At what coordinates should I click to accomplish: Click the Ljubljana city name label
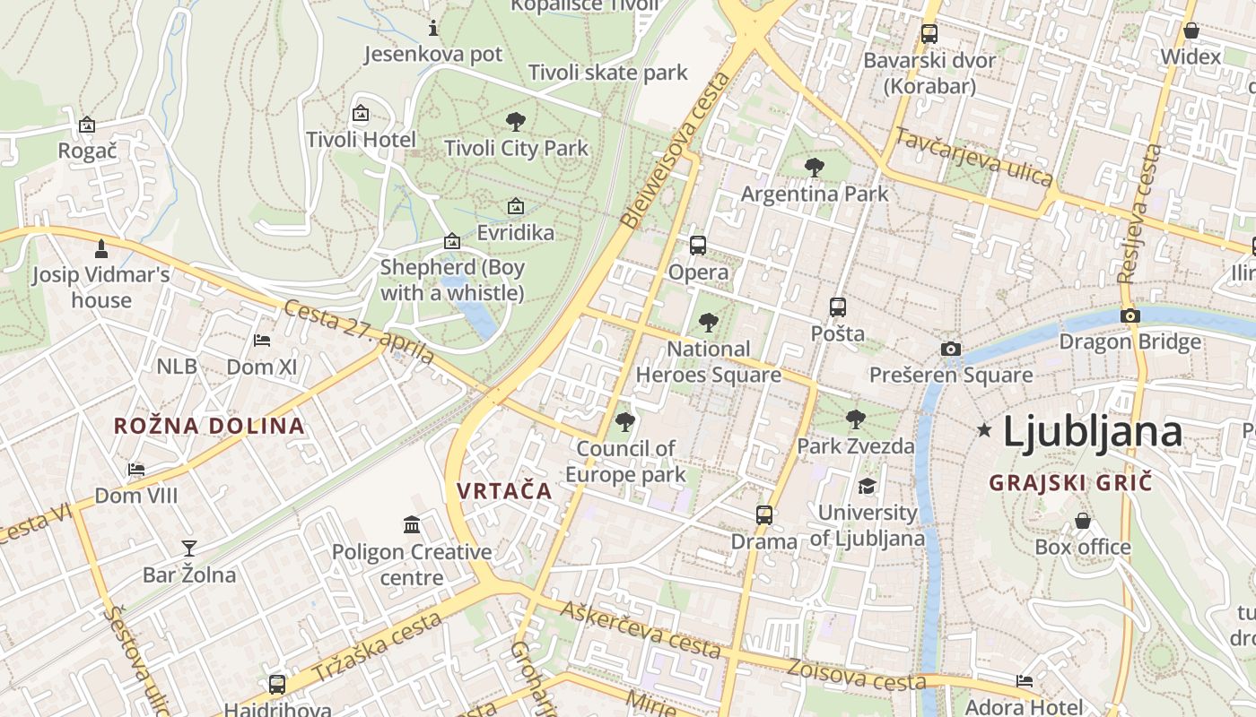pos(1092,432)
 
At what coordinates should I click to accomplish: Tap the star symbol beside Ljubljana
pos(984,431)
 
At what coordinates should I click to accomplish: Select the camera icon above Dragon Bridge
pos(1130,315)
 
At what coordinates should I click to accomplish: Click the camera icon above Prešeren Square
pos(950,349)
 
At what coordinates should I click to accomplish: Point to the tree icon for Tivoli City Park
pos(516,122)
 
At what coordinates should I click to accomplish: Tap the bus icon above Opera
pos(698,245)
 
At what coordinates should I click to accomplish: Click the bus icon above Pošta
pos(837,307)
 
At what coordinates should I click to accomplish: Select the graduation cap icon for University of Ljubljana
pos(867,486)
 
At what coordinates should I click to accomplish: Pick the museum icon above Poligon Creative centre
pos(412,524)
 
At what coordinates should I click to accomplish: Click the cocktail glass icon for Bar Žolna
pos(189,548)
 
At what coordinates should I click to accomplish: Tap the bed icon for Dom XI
pos(262,340)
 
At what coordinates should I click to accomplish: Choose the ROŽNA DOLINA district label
pos(209,426)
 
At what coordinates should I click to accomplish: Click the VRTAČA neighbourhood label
pos(504,491)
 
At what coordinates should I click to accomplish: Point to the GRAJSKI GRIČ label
pos(1069,483)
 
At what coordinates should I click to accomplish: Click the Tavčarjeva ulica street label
pos(973,158)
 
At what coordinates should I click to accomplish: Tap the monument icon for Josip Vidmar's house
pos(101,247)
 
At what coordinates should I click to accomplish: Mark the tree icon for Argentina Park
pos(815,167)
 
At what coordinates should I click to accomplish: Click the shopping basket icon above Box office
pos(1083,521)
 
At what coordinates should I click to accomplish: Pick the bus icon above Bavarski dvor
pos(929,34)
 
